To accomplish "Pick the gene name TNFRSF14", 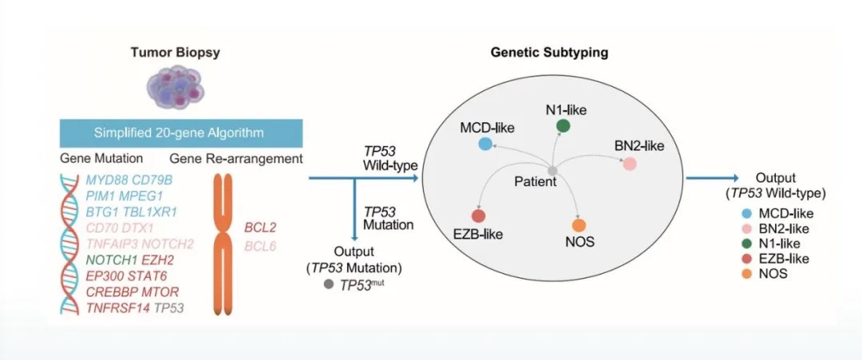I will click(x=118, y=307).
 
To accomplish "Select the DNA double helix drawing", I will click(x=71, y=244).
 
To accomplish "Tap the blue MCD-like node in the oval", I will click(x=484, y=144).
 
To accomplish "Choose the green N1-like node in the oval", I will click(x=563, y=125).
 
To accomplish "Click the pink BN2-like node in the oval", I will click(x=630, y=164).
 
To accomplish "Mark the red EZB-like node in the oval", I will click(x=478, y=216).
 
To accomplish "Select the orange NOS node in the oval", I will click(x=579, y=226).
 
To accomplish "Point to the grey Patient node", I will click(x=552, y=169).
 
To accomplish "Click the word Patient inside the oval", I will click(x=535, y=183).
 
